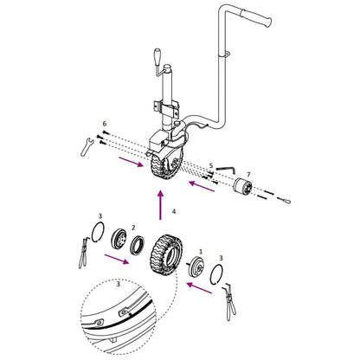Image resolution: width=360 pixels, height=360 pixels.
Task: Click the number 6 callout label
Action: pos(104,125)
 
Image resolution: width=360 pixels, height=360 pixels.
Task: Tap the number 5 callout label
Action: pos(211,164)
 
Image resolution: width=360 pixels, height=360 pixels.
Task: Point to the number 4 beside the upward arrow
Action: pos(174,210)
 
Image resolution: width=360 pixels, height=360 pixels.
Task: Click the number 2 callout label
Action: pos(133,228)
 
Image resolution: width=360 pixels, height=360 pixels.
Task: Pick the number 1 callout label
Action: pos(200,251)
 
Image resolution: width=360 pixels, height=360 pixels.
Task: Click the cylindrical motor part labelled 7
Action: pos(247,190)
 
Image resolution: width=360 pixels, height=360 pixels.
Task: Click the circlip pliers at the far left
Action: pos(83,251)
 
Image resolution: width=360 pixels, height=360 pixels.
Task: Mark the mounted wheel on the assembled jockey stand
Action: pos(162,165)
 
